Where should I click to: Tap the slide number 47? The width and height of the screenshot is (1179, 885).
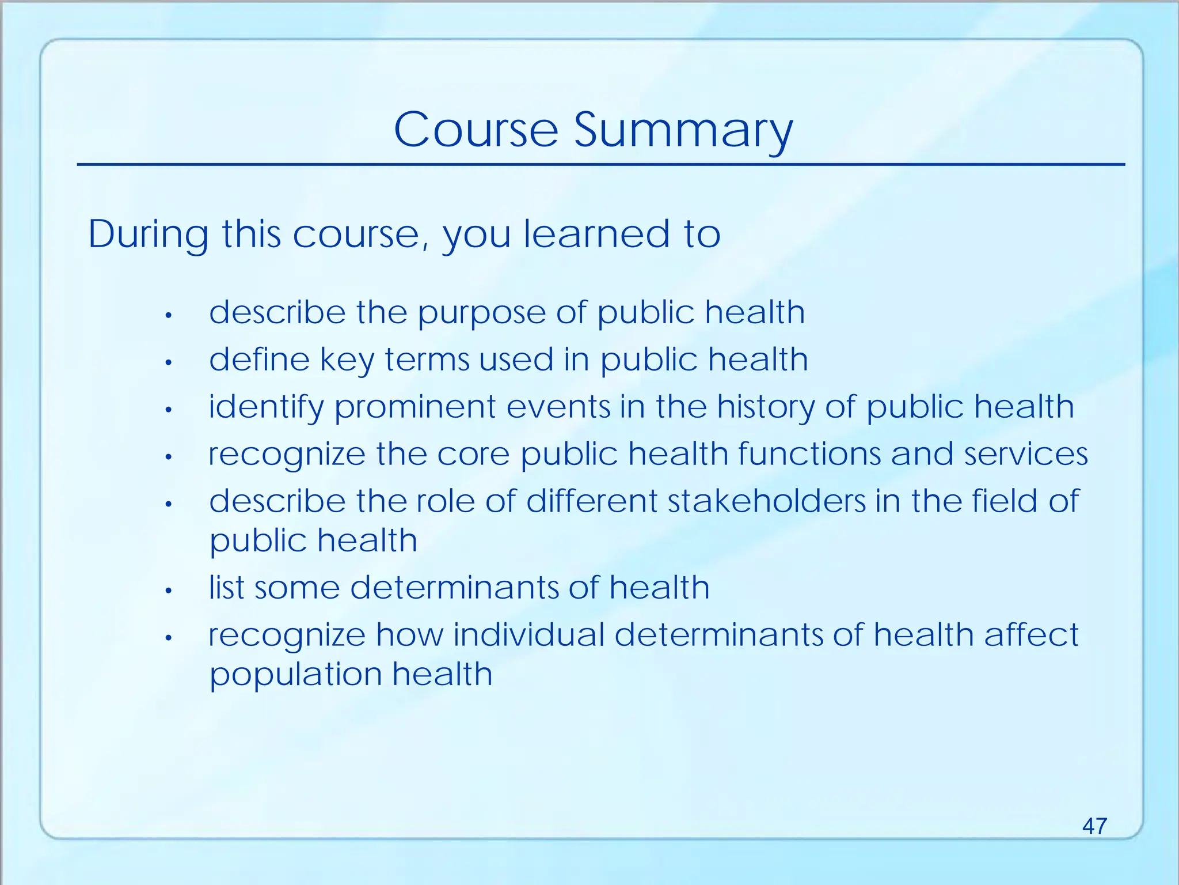1094,826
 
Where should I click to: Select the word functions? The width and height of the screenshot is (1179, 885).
809,454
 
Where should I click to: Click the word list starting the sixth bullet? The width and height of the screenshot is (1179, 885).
226,588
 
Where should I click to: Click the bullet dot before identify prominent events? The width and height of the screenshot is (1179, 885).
169,410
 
